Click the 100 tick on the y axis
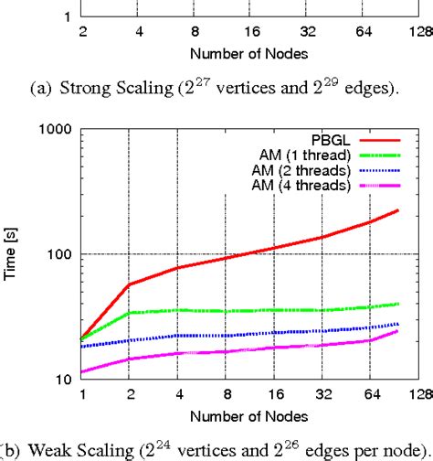click(63, 253)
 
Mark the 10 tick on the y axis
click(67, 379)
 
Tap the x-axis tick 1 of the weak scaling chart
click(82, 395)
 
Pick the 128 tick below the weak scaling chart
click(419, 395)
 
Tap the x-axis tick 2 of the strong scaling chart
click(82, 30)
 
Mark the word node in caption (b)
click(398, 449)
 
